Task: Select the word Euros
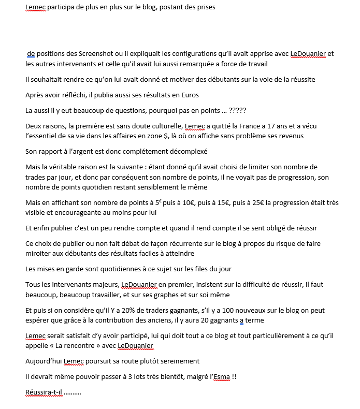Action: click(x=189, y=95)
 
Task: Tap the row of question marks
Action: click(x=237, y=110)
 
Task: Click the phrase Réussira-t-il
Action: click(x=44, y=392)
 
